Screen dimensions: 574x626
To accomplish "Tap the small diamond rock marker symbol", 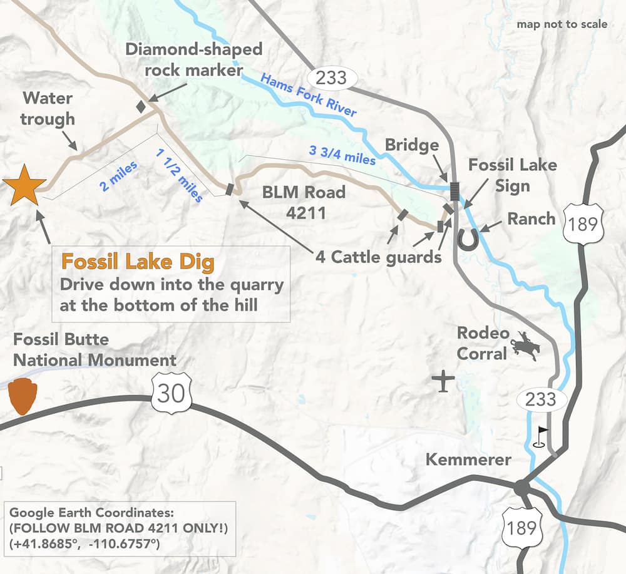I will (141, 106).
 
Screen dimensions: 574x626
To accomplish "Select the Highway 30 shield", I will (170, 394).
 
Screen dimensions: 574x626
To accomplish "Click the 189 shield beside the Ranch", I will (583, 223).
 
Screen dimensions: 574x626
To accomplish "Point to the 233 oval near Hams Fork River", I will (336, 78).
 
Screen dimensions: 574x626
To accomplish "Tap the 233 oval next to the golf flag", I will (540, 399).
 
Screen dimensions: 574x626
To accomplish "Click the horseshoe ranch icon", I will (468, 239).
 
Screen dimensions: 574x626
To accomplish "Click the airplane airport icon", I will (444, 382).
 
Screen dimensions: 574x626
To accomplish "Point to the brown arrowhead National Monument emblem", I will (23, 396).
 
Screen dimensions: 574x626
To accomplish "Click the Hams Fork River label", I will (308, 96).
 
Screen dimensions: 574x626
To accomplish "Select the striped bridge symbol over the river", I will (454, 190).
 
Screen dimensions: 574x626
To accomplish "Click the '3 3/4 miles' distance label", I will (342, 155).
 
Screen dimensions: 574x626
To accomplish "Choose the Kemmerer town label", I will (468, 459).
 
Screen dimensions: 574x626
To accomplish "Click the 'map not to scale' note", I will (562, 24).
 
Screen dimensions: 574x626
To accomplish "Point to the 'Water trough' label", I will (48, 108).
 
